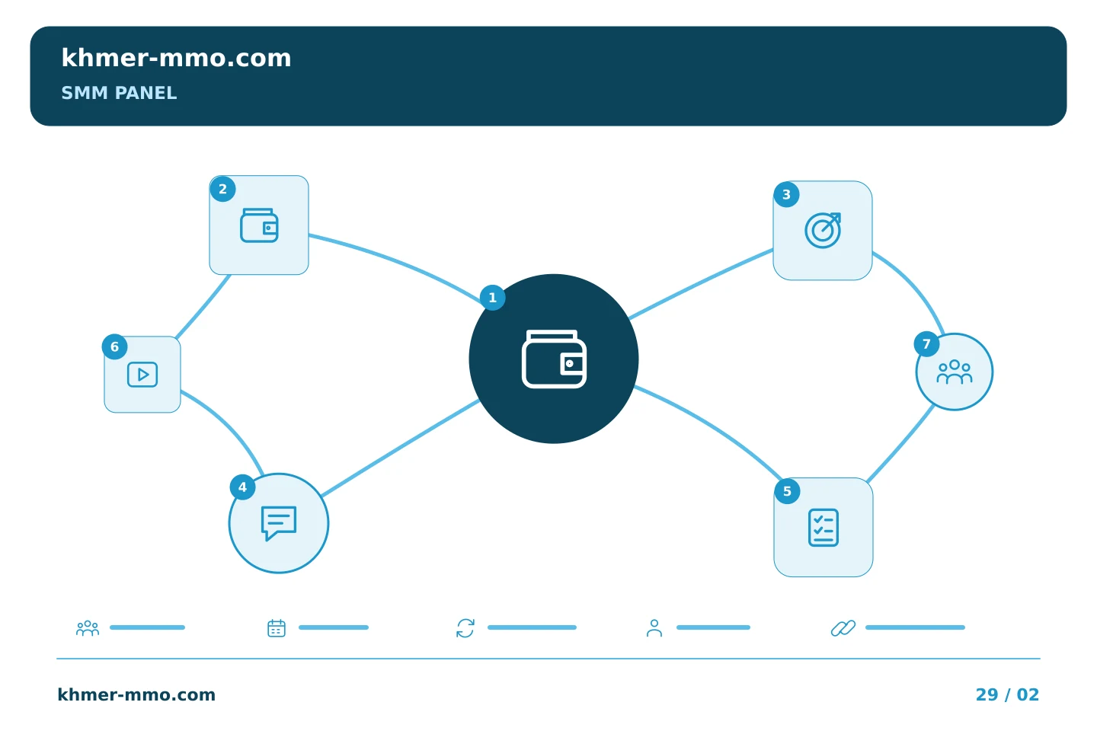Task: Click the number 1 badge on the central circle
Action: pyautogui.click(x=493, y=298)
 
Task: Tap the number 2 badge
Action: pyautogui.click(x=222, y=189)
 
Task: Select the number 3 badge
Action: pyautogui.click(x=786, y=194)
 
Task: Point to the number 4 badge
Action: pyautogui.click(x=242, y=487)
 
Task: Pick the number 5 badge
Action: pyautogui.click(x=787, y=491)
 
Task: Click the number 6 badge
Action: pyautogui.click(x=114, y=346)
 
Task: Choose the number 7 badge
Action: pyautogui.click(x=926, y=344)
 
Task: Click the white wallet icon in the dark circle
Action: pyautogui.click(x=554, y=359)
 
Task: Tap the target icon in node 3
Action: pyautogui.click(x=823, y=230)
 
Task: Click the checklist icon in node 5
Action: pyautogui.click(x=824, y=528)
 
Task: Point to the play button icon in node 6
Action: pyautogui.click(x=142, y=375)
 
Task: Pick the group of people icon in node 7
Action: pyautogui.click(x=955, y=372)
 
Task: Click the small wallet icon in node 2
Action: pyautogui.click(x=259, y=225)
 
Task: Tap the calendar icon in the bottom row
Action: pyautogui.click(x=277, y=627)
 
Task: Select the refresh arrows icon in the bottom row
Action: pyautogui.click(x=465, y=627)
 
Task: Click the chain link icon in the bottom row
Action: pyautogui.click(x=843, y=627)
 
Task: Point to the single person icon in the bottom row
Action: pyautogui.click(x=654, y=627)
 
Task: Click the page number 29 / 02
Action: pyautogui.click(x=1007, y=694)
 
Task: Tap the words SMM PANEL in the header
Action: pyautogui.click(x=119, y=93)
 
